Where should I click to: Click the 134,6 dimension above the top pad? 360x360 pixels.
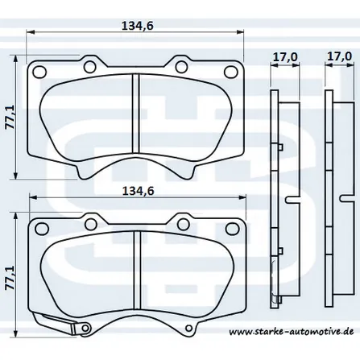tap(138, 26)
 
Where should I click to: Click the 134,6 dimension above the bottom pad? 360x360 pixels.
tap(138, 191)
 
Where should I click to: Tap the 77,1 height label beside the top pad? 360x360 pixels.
tap(10, 117)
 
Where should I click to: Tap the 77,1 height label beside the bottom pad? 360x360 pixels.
tap(10, 278)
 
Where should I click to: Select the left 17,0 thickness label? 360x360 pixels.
tap(285, 56)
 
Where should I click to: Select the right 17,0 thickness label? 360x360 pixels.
tap(339, 56)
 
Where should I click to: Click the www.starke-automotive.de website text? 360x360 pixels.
tap(292, 332)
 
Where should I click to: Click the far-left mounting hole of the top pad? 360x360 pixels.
tap(39, 72)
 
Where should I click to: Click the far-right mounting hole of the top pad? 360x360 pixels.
tap(230, 72)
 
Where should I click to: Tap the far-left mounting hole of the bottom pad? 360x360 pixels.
tap(42, 229)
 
